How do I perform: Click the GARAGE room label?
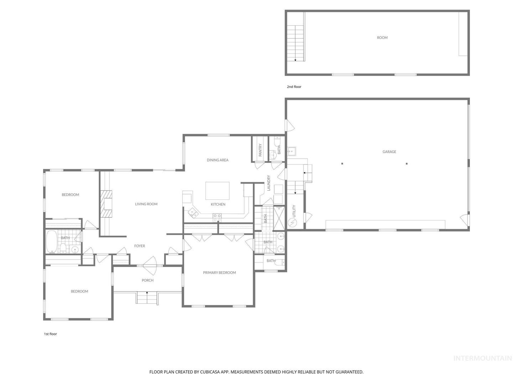point(389,152)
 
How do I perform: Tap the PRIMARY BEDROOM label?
point(219,273)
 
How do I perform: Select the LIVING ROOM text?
point(146,204)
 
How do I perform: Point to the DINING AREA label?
point(217,160)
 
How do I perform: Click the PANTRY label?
point(260,150)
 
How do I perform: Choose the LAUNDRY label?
point(268,183)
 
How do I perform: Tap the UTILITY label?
point(294,211)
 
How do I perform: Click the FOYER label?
point(140,246)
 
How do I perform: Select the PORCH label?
point(147,280)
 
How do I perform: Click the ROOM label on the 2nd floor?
point(382,38)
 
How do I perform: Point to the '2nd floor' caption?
point(294,87)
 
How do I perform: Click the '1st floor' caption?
point(51,334)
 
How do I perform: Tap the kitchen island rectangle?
point(217,191)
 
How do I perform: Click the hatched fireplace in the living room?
point(106,204)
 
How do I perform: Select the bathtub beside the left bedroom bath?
point(52,242)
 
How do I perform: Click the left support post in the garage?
point(342,164)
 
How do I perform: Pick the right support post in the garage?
point(407,164)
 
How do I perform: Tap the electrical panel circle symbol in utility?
point(292,223)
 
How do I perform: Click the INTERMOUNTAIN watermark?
point(483,365)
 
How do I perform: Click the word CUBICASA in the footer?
point(210,372)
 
